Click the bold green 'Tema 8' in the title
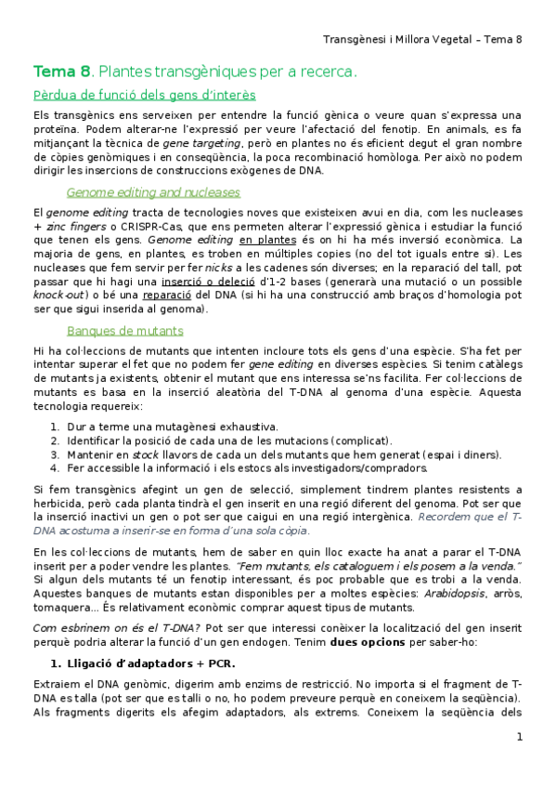coord(61,72)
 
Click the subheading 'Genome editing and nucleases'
coord(153,192)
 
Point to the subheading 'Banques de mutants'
coord(125,331)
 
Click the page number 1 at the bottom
coord(520,737)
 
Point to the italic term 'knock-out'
coord(57,295)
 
